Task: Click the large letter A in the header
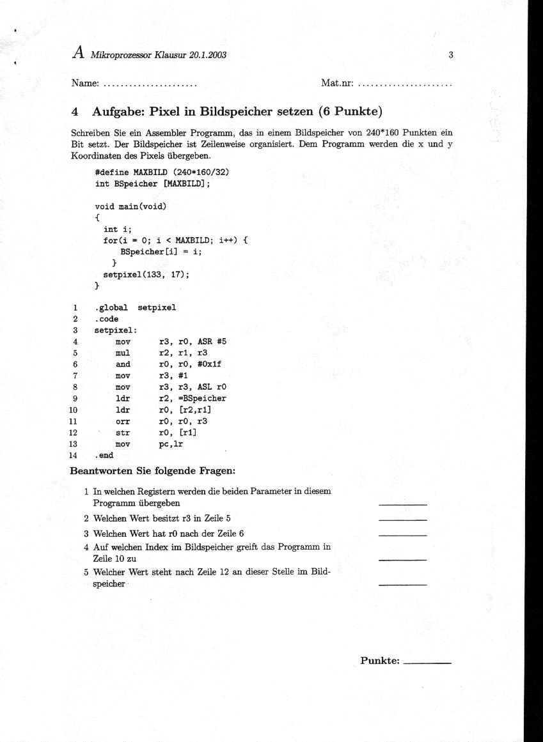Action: (x=79, y=53)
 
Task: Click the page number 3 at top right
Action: (x=451, y=55)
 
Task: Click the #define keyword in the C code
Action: (x=112, y=172)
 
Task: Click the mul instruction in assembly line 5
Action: (x=123, y=353)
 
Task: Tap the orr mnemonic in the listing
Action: (x=123, y=421)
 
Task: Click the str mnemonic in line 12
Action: (x=123, y=433)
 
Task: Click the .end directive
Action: (x=104, y=456)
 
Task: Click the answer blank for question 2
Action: (x=402, y=520)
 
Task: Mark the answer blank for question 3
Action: (x=402, y=534)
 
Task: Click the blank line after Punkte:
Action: (x=428, y=663)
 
